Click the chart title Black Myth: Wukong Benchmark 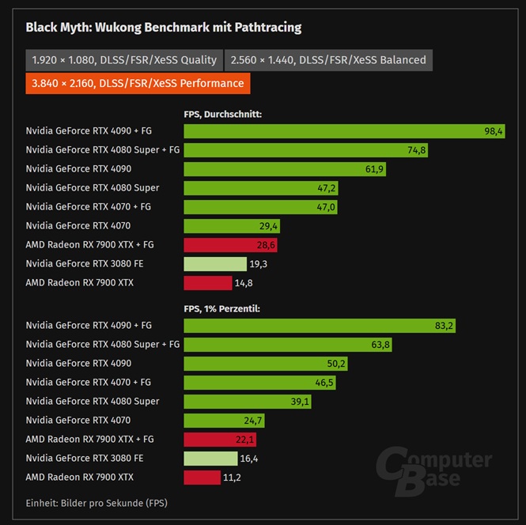tap(164, 28)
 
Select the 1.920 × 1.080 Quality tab tap(124, 60)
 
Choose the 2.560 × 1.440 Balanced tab tap(328, 60)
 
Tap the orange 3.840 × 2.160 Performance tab tap(138, 83)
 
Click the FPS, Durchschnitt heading tap(223, 115)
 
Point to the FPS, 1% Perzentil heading tap(221, 309)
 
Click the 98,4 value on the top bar tap(493, 131)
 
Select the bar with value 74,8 tap(305, 150)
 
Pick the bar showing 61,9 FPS tap(285, 169)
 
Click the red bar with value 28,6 tap(230, 245)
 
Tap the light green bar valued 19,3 tap(215, 264)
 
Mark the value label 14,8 tap(244, 283)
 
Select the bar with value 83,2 tap(320, 326)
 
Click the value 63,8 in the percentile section tap(380, 345)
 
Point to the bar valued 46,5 tap(259, 383)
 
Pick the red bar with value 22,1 tap(220, 440)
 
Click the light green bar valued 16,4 tap(210, 459)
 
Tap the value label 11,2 tap(232, 478)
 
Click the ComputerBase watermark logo tap(433, 472)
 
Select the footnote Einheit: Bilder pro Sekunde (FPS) tap(96, 503)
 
